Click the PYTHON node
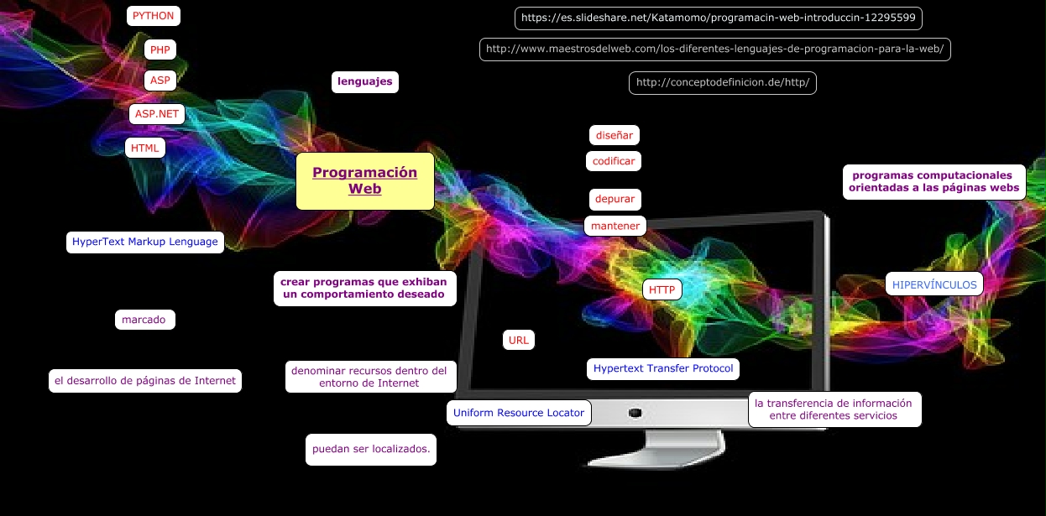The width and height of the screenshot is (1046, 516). click(x=153, y=16)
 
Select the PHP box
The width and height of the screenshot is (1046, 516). click(x=160, y=50)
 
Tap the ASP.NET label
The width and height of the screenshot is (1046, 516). click(x=157, y=114)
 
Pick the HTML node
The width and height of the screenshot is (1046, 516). click(x=145, y=149)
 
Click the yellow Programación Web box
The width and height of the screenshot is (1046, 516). click(x=365, y=180)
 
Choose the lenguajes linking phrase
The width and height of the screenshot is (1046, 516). click(x=365, y=82)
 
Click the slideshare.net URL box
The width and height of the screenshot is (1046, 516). click(x=719, y=18)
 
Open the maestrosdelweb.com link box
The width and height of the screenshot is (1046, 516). click(x=714, y=50)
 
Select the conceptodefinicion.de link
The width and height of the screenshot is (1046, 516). click(x=722, y=83)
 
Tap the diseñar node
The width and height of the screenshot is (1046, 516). click(x=614, y=135)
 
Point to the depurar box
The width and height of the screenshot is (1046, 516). click(x=615, y=200)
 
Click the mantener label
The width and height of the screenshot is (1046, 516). click(x=615, y=226)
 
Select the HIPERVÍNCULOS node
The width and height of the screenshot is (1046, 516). click(x=934, y=284)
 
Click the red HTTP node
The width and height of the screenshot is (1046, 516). click(x=662, y=290)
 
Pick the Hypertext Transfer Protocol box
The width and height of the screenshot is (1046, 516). click(x=662, y=368)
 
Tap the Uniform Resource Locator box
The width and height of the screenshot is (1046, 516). click(x=518, y=413)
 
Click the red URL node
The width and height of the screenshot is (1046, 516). click(x=518, y=340)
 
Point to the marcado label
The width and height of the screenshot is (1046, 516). click(x=144, y=320)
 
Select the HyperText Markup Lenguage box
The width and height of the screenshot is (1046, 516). click(x=144, y=242)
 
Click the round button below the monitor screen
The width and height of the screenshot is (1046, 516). click(x=635, y=413)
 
